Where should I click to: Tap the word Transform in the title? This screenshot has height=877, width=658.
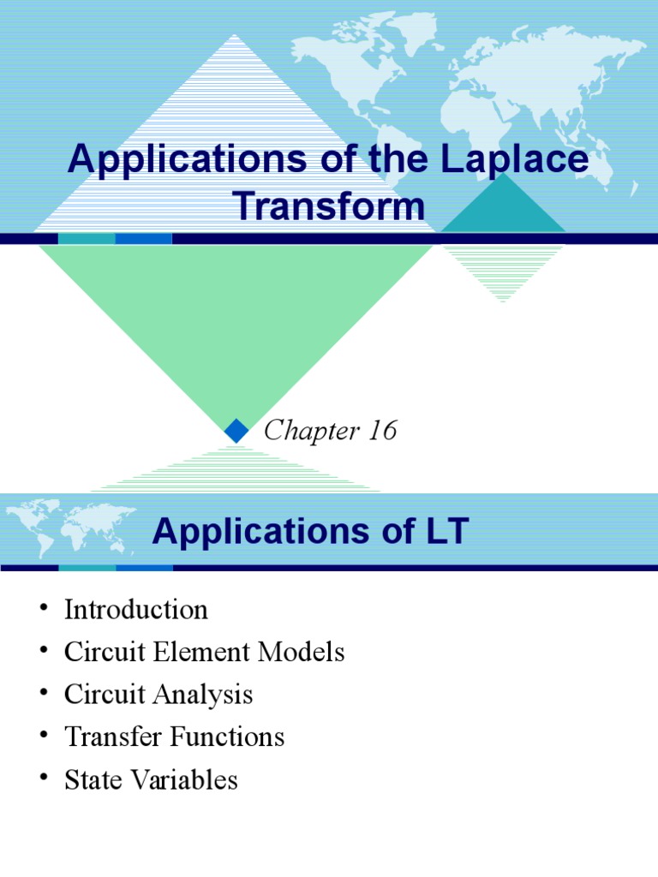(329, 206)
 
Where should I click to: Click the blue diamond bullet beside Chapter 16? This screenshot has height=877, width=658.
(236, 431)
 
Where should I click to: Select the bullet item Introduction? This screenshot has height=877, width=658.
(135, 610)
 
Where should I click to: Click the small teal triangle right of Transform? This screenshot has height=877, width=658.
(505, 210)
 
